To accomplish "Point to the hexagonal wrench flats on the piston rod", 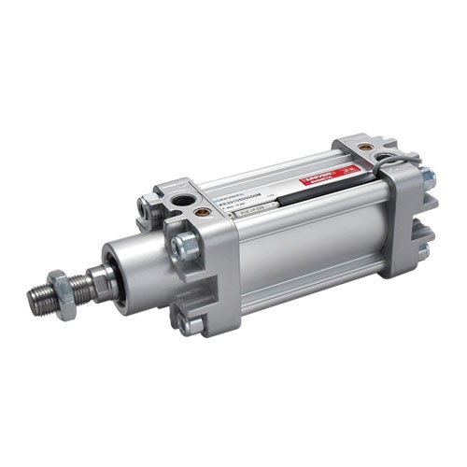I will (97, 277).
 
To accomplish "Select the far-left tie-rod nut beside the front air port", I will (147, 205).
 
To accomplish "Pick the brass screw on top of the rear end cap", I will (364, 147).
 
